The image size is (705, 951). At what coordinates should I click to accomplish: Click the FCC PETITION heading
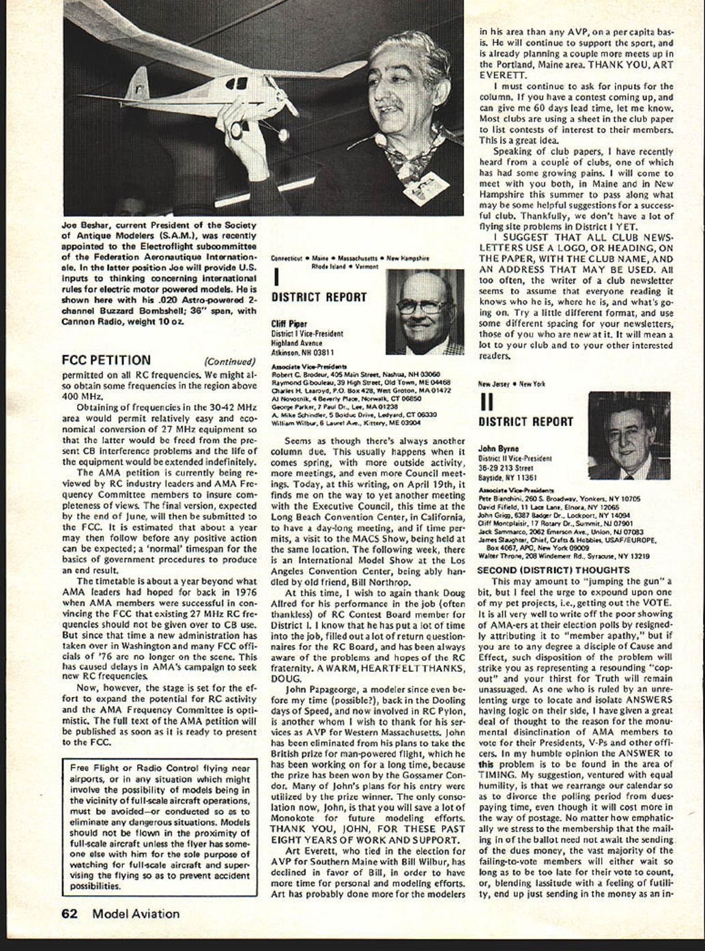106,360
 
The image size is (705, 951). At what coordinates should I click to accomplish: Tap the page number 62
69,913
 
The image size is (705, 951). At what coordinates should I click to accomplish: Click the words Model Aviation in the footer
136,913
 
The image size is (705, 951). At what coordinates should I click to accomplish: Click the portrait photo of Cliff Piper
425,312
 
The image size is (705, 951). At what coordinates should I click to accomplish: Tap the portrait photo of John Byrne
629,436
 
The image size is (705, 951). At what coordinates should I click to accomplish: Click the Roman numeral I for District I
276,276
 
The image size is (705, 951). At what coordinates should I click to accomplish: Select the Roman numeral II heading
487,401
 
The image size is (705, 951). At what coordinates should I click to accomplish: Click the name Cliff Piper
289,324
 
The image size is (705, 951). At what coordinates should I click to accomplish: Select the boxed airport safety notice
160,827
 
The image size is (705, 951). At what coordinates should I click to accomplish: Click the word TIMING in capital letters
496,775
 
